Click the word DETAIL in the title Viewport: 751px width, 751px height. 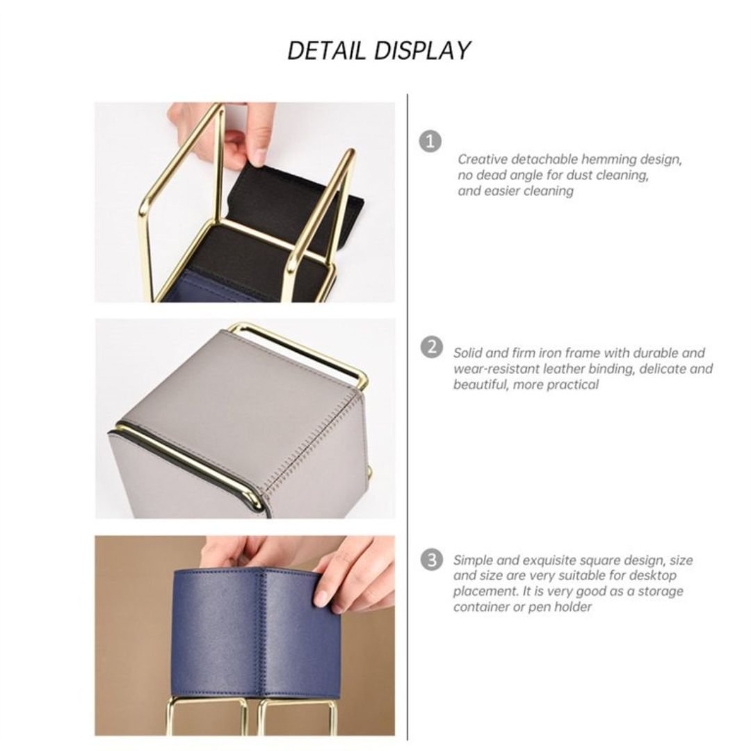[326, 51]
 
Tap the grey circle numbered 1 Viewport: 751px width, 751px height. [430, 141]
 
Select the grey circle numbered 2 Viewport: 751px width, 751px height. [432, 346]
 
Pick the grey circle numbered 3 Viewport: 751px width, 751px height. [432, 559]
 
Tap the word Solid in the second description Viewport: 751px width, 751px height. [469, 353]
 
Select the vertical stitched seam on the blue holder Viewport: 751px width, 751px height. [263, 632]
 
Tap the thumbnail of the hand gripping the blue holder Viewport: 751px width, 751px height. [321, 598]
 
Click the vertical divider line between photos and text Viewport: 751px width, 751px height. [407, 417]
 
